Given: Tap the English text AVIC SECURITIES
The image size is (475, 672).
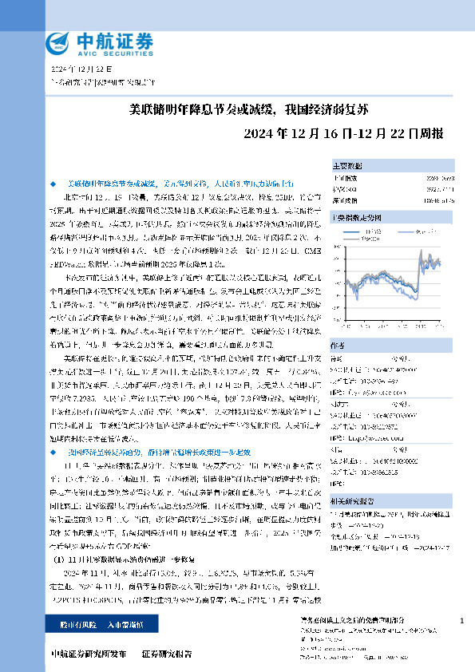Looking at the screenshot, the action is pos(113,54).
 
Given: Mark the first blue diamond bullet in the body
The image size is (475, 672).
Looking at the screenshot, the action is pos(53,183).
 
